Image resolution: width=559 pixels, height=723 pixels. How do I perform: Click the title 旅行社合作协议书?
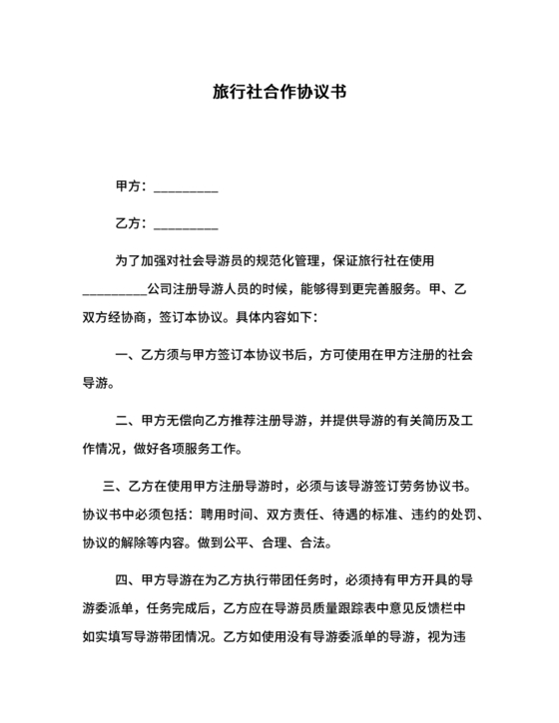[279, 91]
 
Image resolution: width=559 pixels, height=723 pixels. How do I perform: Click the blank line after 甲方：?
[187, 187]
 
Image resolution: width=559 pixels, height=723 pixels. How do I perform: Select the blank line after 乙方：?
[187, 224]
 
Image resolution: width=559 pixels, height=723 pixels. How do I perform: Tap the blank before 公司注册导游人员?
[114, 290]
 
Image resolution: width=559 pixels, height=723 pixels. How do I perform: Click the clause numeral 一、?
[125, 355]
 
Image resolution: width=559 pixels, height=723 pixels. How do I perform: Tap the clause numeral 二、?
[125, 421]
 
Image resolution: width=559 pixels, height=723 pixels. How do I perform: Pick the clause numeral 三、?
[112, 488]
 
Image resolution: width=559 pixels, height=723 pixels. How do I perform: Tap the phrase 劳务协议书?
[424, 488]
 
